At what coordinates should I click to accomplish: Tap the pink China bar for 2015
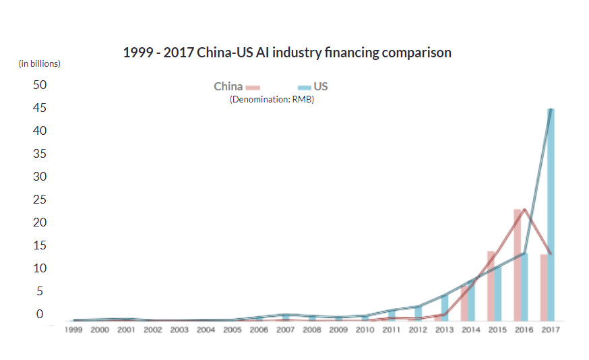pos(491,287)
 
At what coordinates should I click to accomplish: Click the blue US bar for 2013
pos(445,307)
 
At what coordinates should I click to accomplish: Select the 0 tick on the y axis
pos(39,314)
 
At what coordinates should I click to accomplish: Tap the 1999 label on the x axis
pos(73,330)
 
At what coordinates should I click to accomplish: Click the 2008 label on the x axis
pos(312,330)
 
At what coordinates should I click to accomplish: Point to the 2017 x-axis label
pos(550,330)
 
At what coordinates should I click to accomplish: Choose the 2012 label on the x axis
pos(418,330)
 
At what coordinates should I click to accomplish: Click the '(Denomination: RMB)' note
pos(272,99)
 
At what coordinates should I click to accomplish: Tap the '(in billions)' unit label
pos(39,64)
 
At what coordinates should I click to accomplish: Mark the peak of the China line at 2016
pos(524,210)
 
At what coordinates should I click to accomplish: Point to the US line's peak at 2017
pos(551,109)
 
